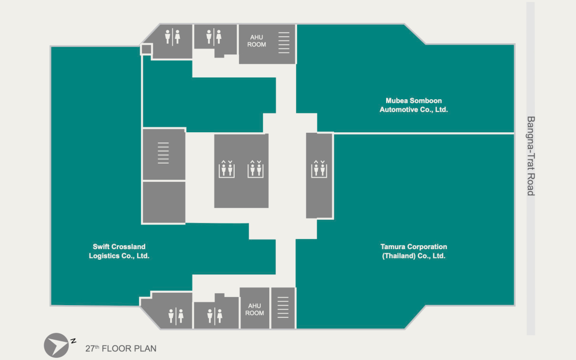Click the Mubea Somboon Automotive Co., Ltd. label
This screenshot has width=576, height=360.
click(x=414, y=105)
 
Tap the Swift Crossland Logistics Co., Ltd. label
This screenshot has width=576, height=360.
click(x=119, y=251)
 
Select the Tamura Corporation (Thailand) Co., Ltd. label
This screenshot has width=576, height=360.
click(x=414, y=251)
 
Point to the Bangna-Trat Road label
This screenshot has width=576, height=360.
click(x=531, y=156)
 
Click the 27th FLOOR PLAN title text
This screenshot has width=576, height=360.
click(x=121, y=349)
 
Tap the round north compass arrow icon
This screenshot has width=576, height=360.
click(x=56, y=345)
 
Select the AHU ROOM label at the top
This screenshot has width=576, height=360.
click(x=257, y=41)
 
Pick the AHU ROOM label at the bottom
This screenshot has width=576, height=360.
click(x=254, y=309)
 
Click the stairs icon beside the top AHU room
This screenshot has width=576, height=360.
click(x=284, y=43)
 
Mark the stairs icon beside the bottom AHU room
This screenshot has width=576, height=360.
click(x=283, y=309)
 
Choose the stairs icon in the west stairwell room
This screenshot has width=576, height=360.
click(x=163, y=153)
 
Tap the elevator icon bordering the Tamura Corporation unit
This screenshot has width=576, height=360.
click(x=319, y=169)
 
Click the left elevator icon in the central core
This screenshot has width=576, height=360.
click(x=227, y=169)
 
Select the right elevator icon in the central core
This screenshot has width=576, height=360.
click(x=255, y=169)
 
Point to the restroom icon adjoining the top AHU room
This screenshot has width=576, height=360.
click(x=214, y=37)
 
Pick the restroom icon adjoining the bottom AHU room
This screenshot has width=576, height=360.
click(x=215, y=316)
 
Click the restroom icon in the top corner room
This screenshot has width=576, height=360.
click(x=172, y=37)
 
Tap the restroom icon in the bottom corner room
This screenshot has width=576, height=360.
click(x=175, y=316)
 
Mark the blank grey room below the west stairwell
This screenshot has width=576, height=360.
click(x=164, y=202)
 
